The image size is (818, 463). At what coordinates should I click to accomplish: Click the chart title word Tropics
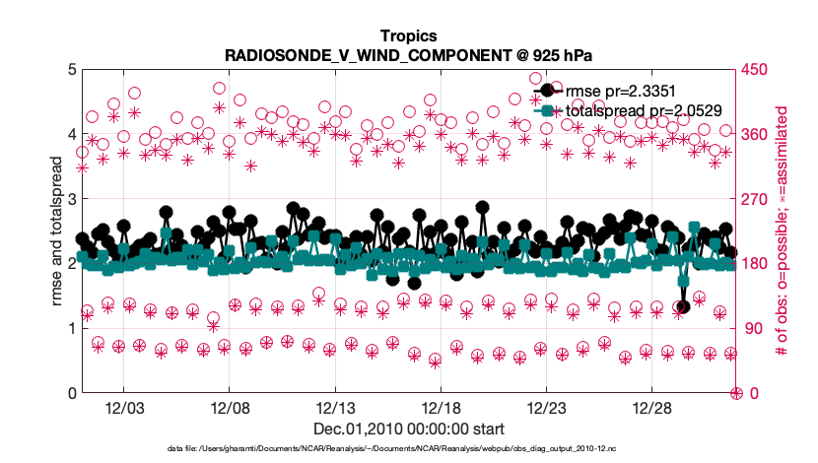[408, 35]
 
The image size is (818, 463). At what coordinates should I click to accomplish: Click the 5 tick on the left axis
[72, 70]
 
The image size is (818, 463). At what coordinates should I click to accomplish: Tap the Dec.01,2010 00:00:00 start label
[408, 430]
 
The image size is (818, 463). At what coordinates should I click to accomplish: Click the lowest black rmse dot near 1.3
[683, 307]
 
